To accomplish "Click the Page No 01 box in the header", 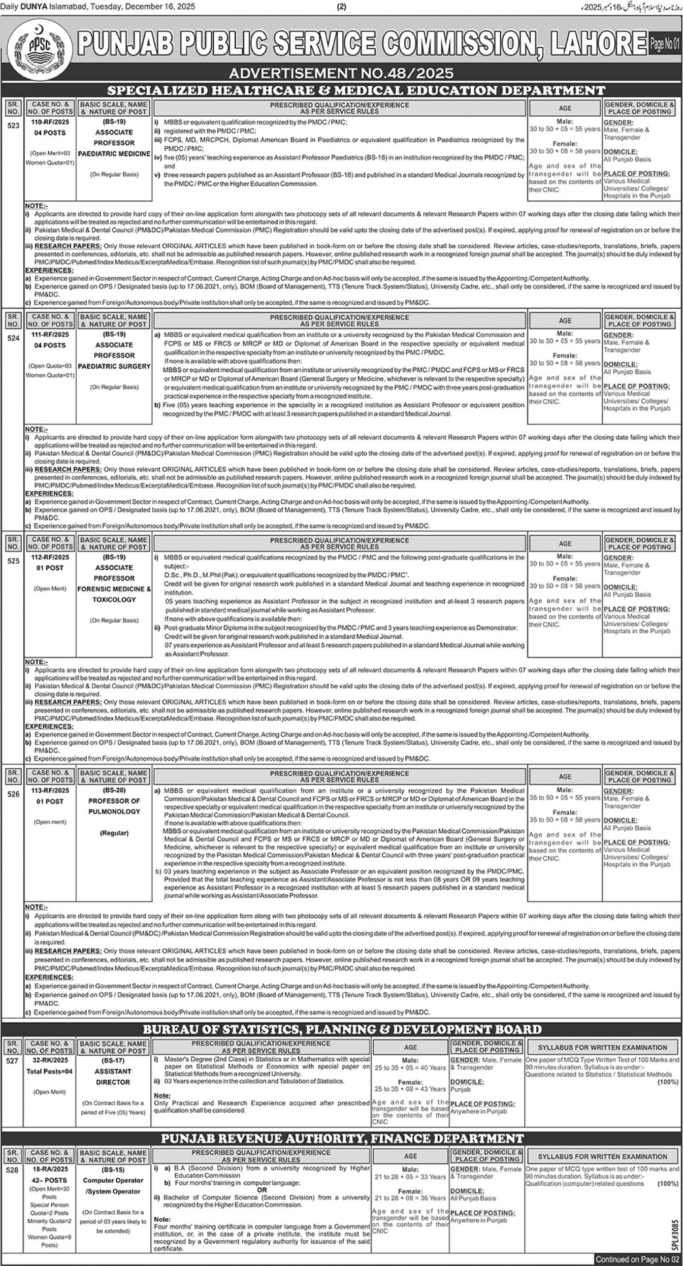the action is click(664, 45).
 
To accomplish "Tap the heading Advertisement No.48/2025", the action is click(341, 74).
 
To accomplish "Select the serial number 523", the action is click(13, 125).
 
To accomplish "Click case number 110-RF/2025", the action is click(50, 122).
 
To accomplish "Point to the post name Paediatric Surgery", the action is click(114, 366).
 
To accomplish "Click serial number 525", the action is click(13, 561).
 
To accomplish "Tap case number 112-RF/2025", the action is click(50, 557).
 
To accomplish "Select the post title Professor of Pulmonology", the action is click(114, 806).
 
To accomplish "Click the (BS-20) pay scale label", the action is click(114, 790).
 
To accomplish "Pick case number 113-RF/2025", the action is click(50, 790).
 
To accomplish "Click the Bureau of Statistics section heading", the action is click(342, 1029).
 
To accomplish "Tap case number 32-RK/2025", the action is click(50, 1060).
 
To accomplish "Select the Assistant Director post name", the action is click(113, 1077).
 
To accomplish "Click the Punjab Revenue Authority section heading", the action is click(342, 1138).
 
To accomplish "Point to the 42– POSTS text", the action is click(49, 1181).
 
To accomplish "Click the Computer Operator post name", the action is click(113, 1180).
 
